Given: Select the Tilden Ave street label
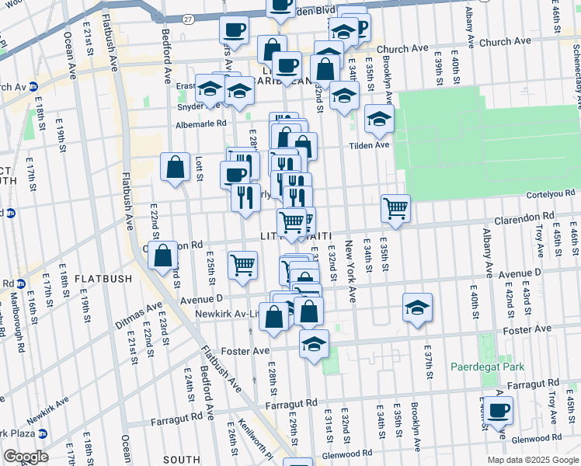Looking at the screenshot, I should click(x=368, y=144).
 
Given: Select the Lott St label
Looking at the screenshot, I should click(x=199, y=168).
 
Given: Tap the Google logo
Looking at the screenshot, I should click(x=26, y=457).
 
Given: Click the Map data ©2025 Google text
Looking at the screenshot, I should click(x=533, y=460).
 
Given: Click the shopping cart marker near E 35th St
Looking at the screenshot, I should click(x=395, y=207).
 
